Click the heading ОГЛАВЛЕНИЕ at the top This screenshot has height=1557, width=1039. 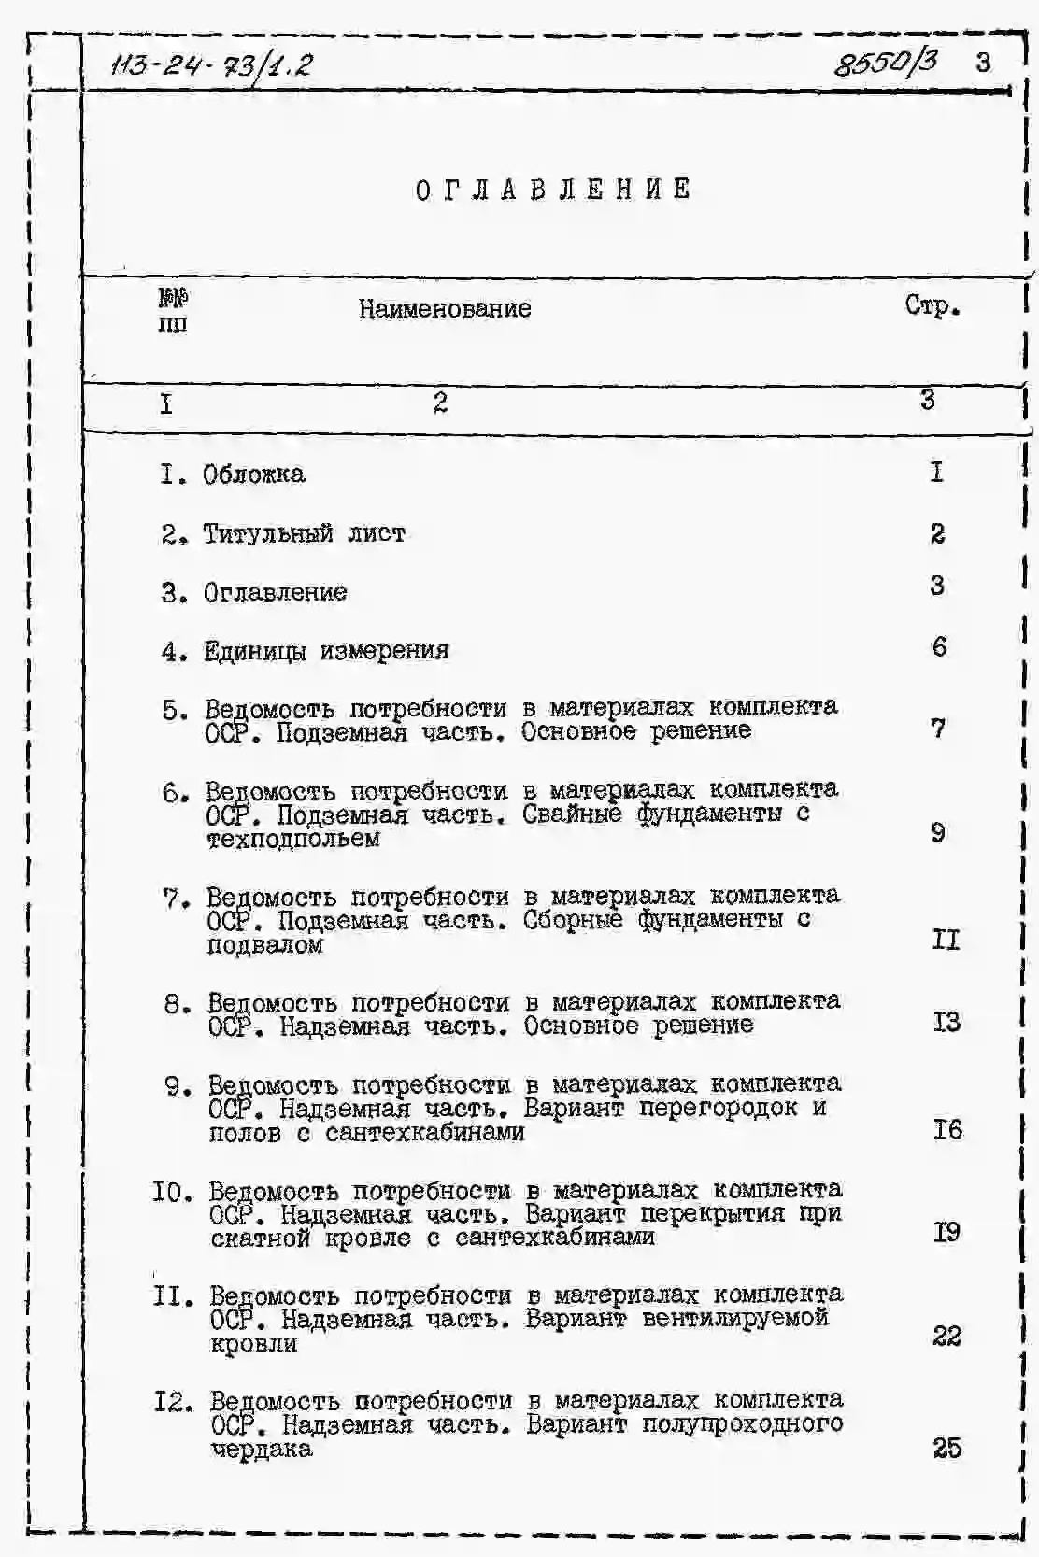(x=553, y=190)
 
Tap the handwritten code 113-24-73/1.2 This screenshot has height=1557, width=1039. (x=211, y=65)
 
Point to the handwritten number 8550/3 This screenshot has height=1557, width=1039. (x=885, y=63)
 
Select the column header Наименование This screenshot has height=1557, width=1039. (x=445, y=309)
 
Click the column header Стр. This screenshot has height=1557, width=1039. (x=932, y=306)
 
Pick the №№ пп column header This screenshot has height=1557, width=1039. (x=173, y=311)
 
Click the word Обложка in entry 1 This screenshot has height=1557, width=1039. (x=254, y=474)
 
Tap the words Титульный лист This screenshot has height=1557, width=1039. (x=305, y=534)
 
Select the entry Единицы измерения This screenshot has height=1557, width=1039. (x=326, y=651)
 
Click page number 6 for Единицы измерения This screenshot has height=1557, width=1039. (x=939, y=646)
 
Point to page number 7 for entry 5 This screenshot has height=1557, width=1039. (x=938, y=728)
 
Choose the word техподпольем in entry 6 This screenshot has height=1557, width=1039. (x=293, y=839)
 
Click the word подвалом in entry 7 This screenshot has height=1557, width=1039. (x=265, y=945)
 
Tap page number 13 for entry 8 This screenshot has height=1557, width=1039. (x=946, y=1022)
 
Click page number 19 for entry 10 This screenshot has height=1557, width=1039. (x=946, y=1233)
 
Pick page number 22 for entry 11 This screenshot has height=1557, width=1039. (x=946, y=1337)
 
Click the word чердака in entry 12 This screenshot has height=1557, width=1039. (x=262, y=1450)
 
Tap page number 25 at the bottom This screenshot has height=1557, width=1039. (x=946, y=1448)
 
